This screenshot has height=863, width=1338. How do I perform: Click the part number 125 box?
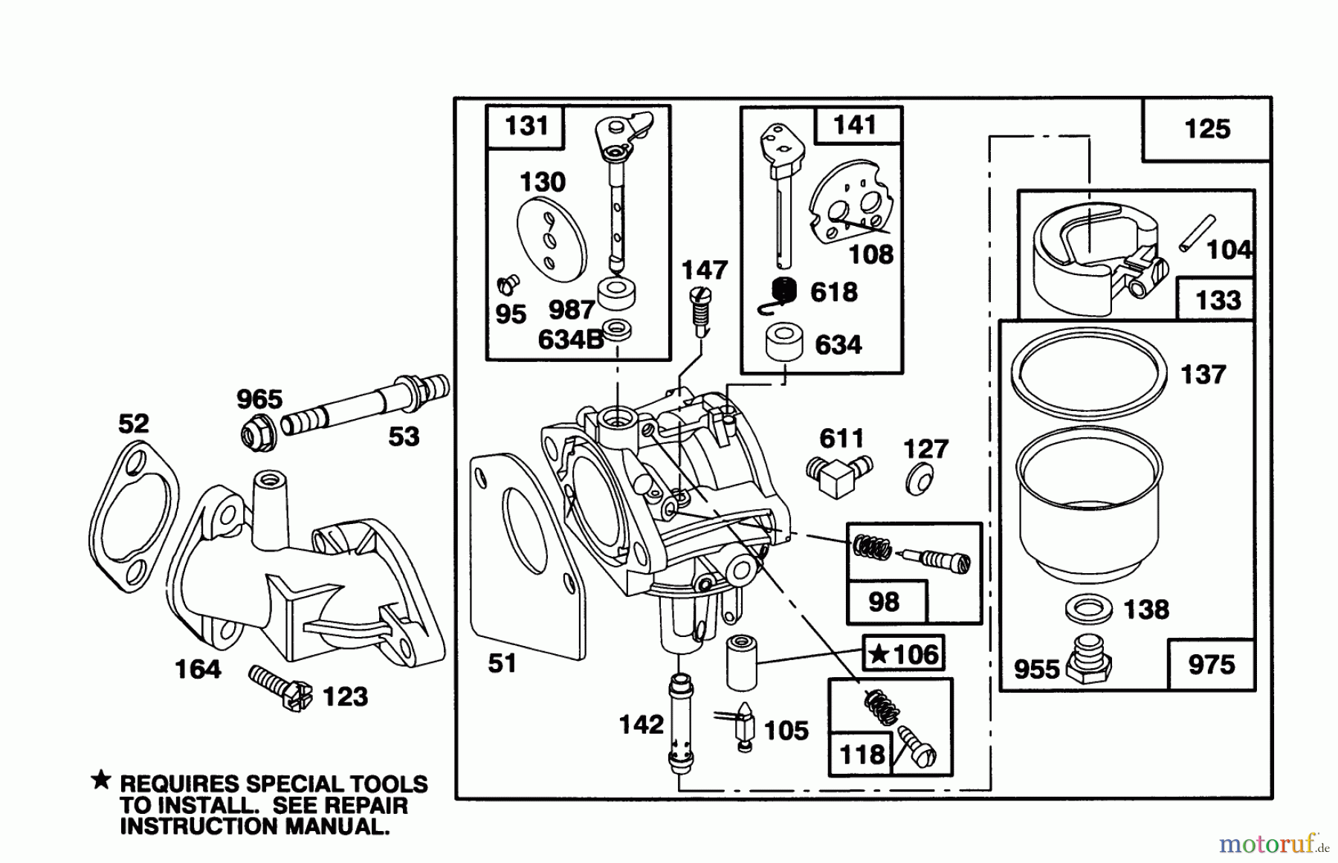1206,129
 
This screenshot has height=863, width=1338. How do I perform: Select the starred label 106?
904,655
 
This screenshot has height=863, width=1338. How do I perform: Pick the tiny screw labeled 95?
508,284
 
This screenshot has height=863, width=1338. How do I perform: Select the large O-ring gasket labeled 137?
1089,369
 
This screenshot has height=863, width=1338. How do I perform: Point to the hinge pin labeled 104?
1197,233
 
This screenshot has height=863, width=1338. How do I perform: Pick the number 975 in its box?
1211,665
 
